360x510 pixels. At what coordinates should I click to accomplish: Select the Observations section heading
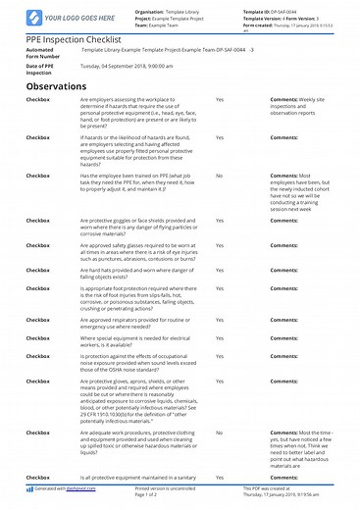pos(65,86)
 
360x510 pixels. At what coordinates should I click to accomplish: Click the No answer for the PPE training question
pos(219,176)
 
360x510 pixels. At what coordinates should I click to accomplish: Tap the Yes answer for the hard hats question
pos(219,267)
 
